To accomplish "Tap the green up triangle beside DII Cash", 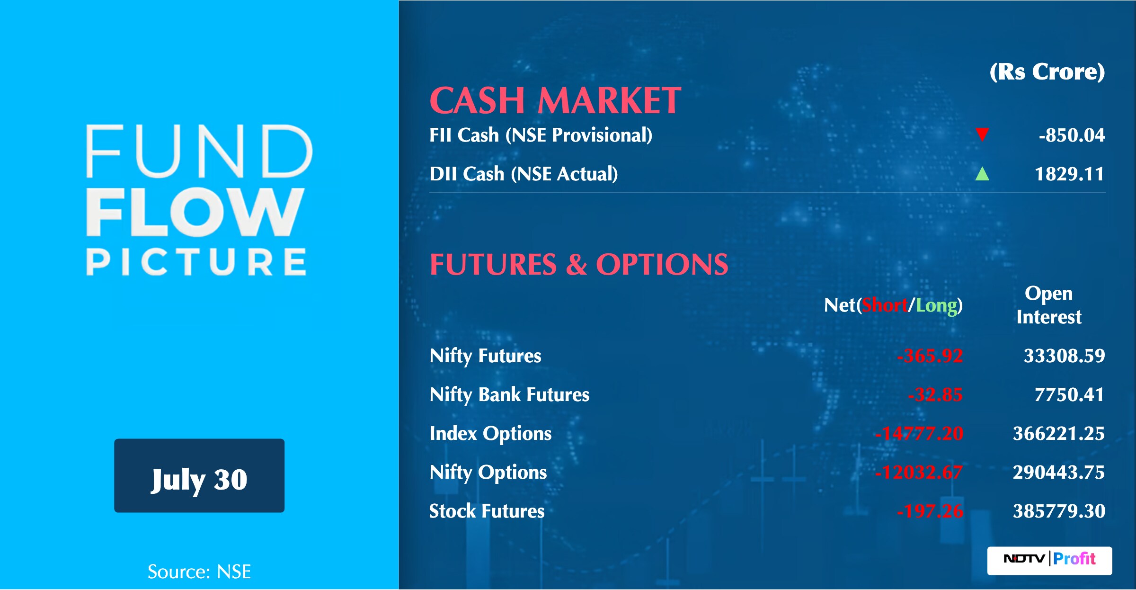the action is [x=982, y=174].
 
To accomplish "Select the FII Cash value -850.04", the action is [x=1072, y=135].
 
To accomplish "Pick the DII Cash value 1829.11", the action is [x=1069, y=174].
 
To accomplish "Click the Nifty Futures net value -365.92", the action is [x=930, y=356].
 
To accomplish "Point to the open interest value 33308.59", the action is [x=1064, y=356].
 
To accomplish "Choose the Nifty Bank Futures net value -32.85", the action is [x=935, y=395].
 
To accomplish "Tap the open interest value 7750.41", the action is [x=1069, y=395].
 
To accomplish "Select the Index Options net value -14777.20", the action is [x=919, y=434].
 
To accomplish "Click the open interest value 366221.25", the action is [x=1059, y=434].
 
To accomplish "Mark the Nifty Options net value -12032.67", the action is [x=919, y=473].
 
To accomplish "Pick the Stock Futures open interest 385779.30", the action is [x=1059, y=511].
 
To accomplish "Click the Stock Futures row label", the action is [x=487, y=511].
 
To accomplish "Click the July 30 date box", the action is [x=199, y=475].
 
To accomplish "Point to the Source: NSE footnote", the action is [x=199, y=572].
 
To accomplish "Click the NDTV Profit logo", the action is [x=1049, y=561].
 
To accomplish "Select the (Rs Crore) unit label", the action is [x=1047, y=72].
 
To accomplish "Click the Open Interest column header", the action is [x=1049, y=305].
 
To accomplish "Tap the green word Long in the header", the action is [x=936, y=306].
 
